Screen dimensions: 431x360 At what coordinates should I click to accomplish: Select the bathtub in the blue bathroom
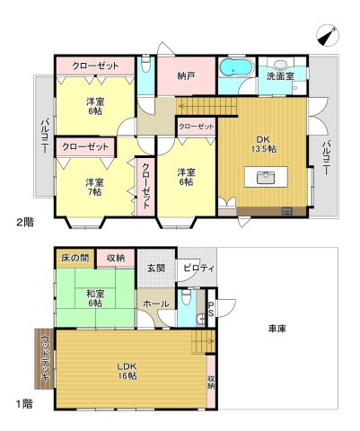pos(236,68)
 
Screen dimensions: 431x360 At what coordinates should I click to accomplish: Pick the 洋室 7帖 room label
pos(94,186)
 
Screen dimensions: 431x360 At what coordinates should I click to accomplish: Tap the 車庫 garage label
pos(277,330)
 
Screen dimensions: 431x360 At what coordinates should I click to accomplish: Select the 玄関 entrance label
pos(155,267)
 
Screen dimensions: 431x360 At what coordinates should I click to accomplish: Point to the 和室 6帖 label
pos(96,298)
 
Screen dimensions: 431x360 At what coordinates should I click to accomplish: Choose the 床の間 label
pos(74,258)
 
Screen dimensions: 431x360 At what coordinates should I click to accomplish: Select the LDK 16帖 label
pos(126,370)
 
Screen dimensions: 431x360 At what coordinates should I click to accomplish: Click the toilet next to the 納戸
pos(146,65)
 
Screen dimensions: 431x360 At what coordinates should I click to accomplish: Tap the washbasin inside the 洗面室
pos(281,66)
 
